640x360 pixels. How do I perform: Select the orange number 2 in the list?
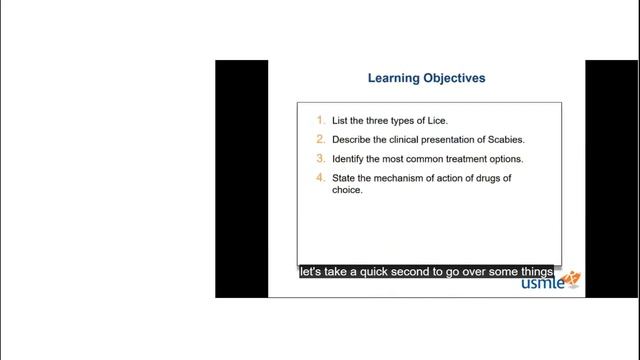(320, 139)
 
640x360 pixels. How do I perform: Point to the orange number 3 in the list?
(320, 158)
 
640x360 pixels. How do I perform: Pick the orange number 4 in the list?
(320, 178)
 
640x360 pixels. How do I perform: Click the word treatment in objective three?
(454, 159)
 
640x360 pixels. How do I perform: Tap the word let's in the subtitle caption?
(310, 271)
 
